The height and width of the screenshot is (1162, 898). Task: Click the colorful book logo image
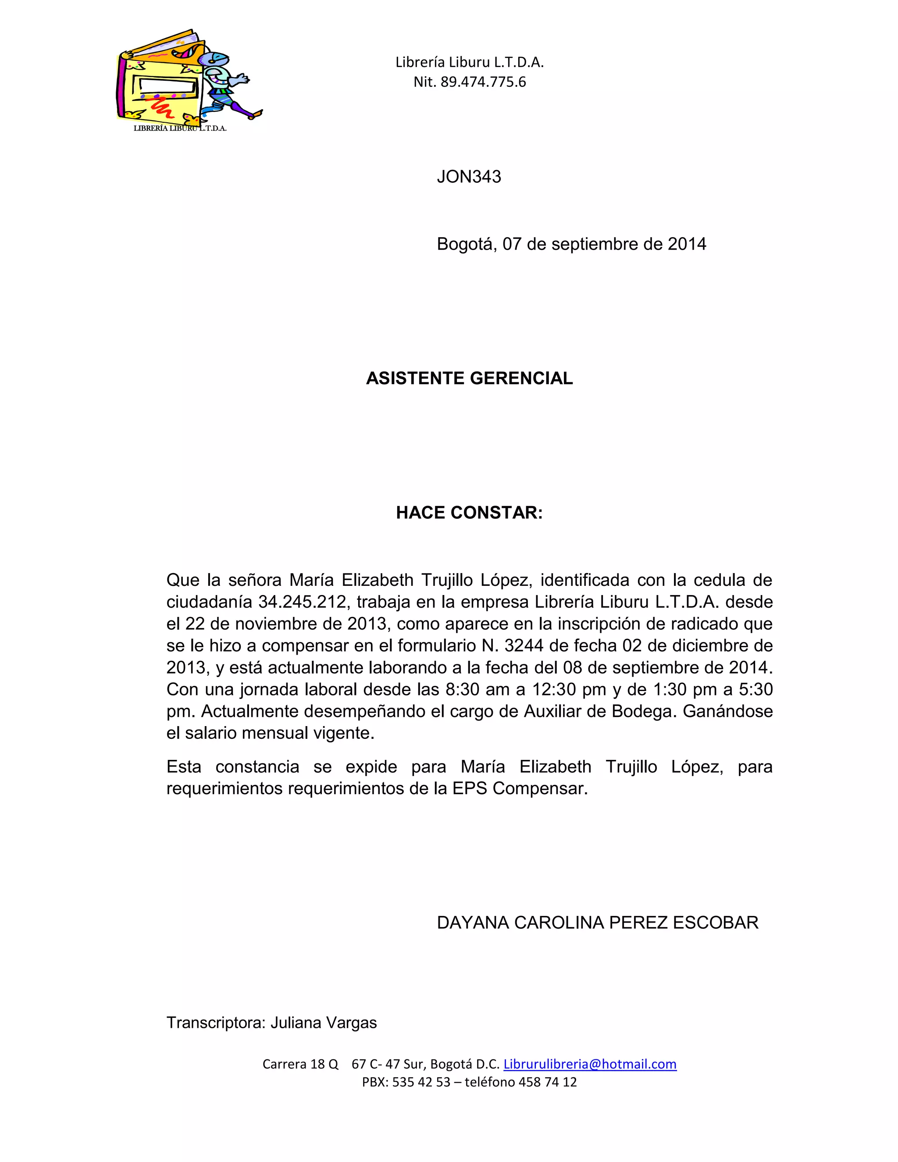pos(189,80)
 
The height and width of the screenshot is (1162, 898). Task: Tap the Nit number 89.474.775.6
pos(483,82)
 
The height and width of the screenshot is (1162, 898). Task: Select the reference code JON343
pos(469,177)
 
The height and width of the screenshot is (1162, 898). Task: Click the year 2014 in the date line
pos(687,244)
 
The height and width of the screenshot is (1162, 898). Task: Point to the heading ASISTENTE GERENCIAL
pos(469,378)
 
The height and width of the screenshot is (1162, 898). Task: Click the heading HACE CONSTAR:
pos(469,513)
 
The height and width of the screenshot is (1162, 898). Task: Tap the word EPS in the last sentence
pos(470,788)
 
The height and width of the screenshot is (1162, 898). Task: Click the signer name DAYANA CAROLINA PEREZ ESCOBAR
pos(598,923)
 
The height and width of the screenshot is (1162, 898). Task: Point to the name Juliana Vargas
pos(324,1023)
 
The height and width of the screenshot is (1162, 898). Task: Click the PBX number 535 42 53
pos(421,1082)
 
